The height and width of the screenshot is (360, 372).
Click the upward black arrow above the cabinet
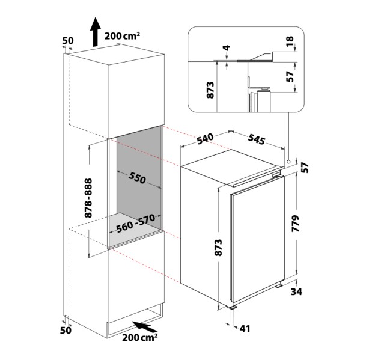tap(95, 32)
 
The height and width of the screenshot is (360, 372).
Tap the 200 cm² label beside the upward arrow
tap(123, 36)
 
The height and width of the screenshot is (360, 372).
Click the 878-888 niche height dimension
tap(88, 198)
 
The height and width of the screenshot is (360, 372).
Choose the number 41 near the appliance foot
tap(243, 329)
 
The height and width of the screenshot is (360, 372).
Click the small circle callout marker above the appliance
tap(289, 161)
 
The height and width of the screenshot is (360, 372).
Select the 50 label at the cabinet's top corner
tap(67, 41)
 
